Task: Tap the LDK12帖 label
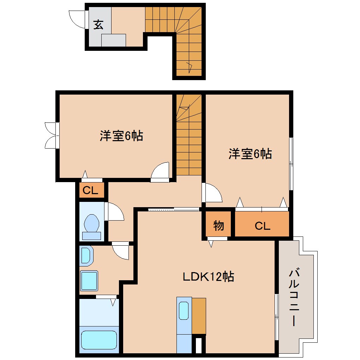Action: pos(208,277)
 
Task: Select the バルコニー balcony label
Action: pos(294,297)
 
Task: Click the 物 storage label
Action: pos(218,225)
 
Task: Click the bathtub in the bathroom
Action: pos(99,340)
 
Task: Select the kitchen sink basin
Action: pos(184,311)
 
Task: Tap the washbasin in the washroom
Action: pos(86,256)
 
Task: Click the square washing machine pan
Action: pos(89,280)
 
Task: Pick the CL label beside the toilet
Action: pos(90,191)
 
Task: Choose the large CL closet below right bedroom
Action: pos(262,226)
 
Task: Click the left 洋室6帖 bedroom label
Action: pos(121,136)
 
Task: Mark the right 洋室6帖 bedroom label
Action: pos(250,154)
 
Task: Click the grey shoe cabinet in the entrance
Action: pos(114,40)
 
